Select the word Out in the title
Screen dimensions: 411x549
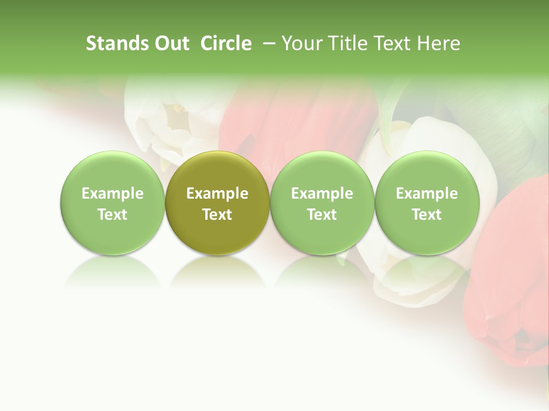(170, 43)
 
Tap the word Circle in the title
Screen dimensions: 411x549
(226, 43)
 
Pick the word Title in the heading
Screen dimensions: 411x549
(349, 43)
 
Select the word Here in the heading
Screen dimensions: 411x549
(441, 43)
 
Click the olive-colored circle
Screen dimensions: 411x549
(217, 203)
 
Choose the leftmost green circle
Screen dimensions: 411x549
(112, 203)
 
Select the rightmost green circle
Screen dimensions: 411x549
(427, 203)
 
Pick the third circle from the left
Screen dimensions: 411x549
(322, 203)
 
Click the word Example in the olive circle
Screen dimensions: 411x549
(217, 194)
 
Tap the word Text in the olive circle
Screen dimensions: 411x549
(217, 215)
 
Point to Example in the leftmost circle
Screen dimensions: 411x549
(112, 194)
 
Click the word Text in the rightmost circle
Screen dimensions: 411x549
(427, 215)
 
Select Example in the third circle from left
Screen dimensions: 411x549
(322, 194)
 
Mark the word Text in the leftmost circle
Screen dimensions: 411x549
(112, 215)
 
